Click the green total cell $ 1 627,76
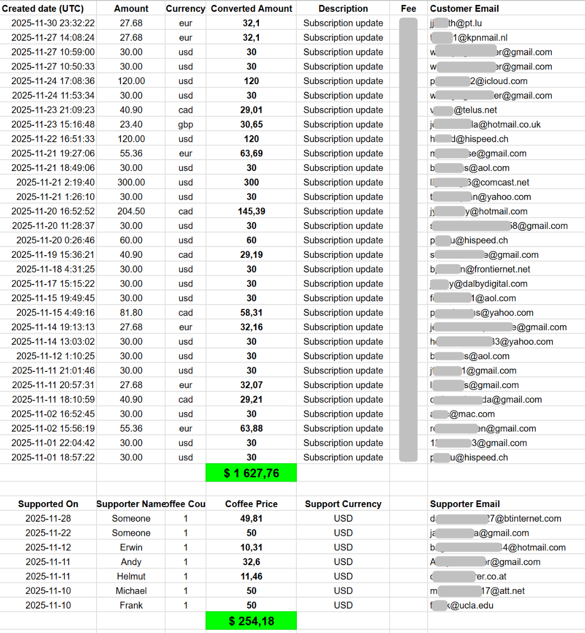[251, 473]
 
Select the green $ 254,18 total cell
[251, 621]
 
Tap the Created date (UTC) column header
[43, 9]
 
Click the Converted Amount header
[251, 9]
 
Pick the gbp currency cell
[186, 124]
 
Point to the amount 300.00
[131, 182]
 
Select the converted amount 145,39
[251, 211]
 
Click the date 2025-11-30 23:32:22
[53, 23]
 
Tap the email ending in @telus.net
[463, 110]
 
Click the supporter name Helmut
[131, 577]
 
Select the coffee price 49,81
[251, 518]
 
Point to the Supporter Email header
[465, 504]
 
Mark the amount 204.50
[131, 211]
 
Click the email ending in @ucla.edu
[462, 605]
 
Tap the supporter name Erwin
[131, 547]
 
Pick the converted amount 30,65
[251, 124]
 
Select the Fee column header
[409, 9]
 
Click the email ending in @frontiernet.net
[480, 269]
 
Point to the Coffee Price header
[251, 504]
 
